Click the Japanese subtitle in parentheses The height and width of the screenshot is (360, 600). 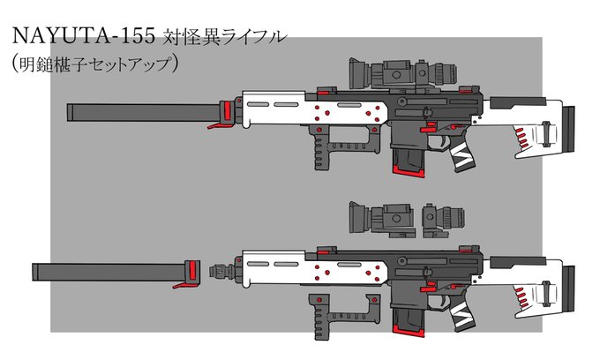[x=97, y=63]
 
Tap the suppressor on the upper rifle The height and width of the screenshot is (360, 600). [x=141, y=112]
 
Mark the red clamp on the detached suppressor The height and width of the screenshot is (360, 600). [x=187, y=273]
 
